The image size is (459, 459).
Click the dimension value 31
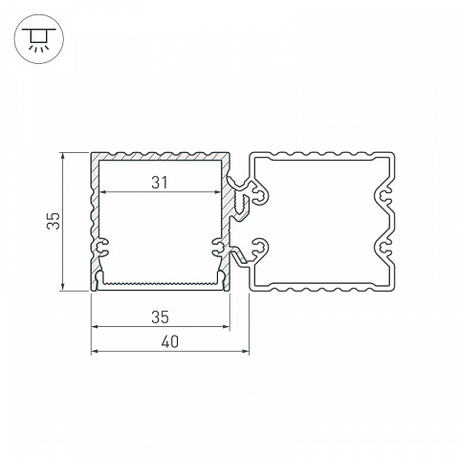tap(159, 183)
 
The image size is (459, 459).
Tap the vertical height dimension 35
tap(54, 221)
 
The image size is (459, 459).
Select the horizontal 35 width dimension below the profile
tap(160, 317)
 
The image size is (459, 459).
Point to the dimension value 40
tap(169, 342)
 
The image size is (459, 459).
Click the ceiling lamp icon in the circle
tap(39, 39)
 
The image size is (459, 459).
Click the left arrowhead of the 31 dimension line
tap(102, 192)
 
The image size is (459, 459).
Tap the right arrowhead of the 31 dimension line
tap(218, 192)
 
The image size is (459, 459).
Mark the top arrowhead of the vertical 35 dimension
tap(63, 156)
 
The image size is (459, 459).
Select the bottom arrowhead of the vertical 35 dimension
tap(63, 287)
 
